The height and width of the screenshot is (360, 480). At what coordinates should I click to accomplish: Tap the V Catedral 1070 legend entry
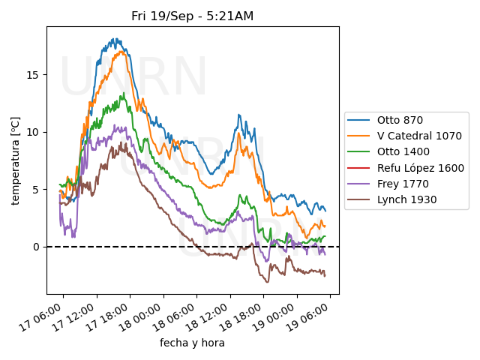coord(418,136)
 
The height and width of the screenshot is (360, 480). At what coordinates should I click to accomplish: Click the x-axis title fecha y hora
coord(192,343)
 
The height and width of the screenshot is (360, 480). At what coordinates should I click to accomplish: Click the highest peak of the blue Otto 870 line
coord(115,39)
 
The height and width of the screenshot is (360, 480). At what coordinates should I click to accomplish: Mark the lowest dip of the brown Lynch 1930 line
coord(268,282)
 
